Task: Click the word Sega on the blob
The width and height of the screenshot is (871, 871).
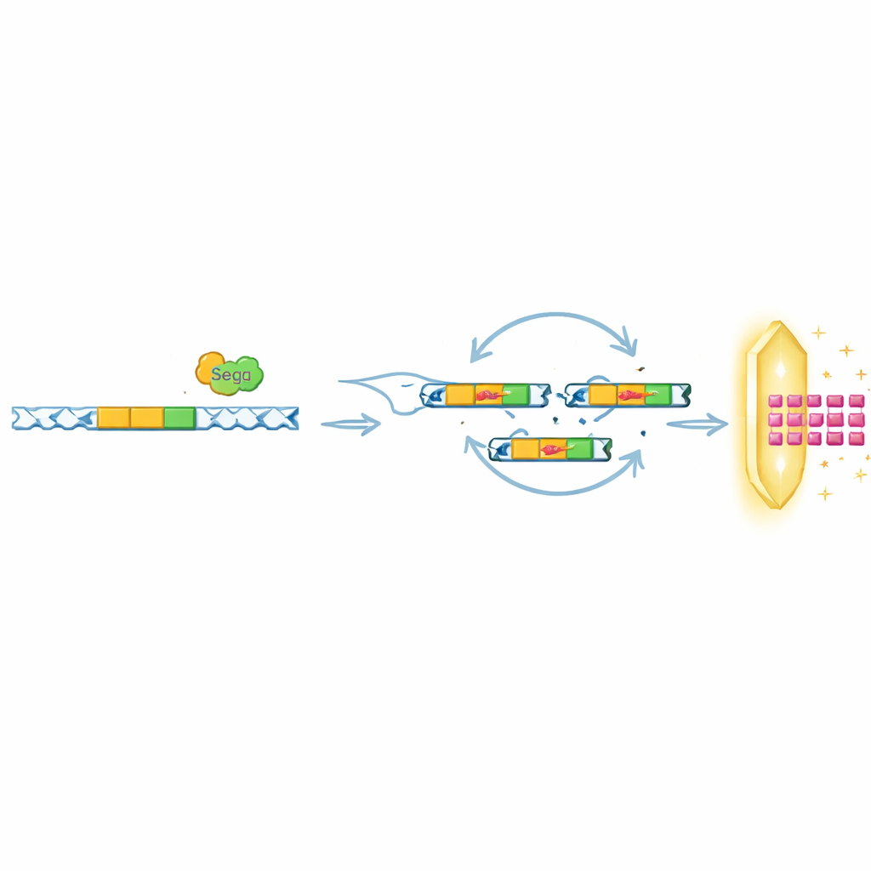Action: [x=231, y=375]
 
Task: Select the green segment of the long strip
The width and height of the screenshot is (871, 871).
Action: [x=179, y=418]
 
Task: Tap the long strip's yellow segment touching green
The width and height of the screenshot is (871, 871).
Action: [x=147, y=418]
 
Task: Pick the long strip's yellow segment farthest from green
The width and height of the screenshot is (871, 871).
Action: [x=114, y=418]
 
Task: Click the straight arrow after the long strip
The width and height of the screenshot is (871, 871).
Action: [x=351, y=424]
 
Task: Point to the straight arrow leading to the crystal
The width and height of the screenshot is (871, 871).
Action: [x=697, y=424]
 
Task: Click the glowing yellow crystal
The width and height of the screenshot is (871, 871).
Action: [x=777, y=414]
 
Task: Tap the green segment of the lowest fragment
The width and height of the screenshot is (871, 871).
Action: [x=579, y=449]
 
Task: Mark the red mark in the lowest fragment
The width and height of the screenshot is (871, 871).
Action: [x=554, y=449]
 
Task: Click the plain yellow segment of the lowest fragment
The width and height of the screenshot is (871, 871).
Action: [x=526, y=449]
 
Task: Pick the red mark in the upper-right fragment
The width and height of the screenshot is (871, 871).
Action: [x=633, y=395]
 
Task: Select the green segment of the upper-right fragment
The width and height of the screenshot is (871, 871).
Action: [x=658, y=395]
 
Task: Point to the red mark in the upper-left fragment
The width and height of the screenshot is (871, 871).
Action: [x=491, y=395]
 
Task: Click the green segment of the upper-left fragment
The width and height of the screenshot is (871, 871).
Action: [x=515, y=395]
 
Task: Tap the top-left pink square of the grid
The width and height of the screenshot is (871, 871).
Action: [x=776, y=401]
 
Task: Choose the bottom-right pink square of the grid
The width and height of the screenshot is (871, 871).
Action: [x=856, y=438]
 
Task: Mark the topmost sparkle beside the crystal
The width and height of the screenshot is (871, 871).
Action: [x=818, y=333]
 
